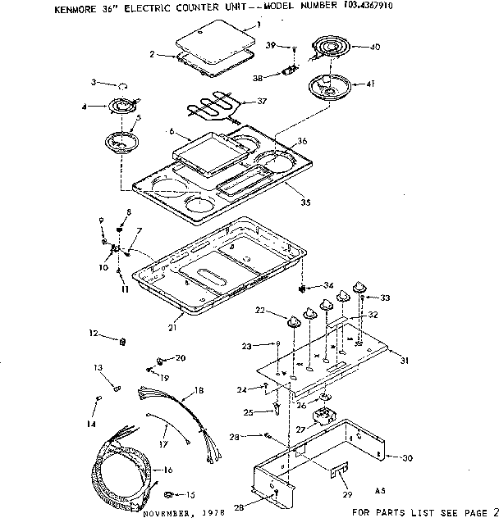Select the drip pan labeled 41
pos(328,84)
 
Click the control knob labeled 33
pos(359,285)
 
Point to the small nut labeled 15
pos(168,494)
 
